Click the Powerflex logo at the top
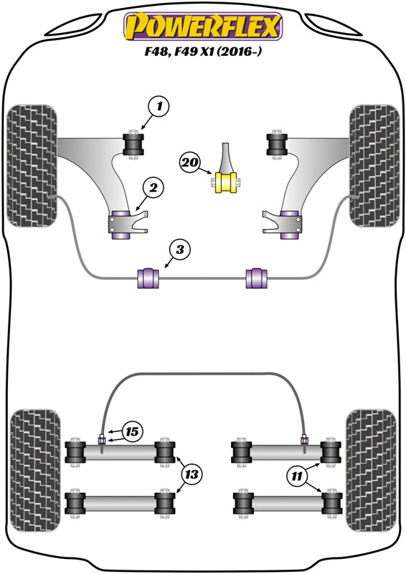click(x=203, y=27)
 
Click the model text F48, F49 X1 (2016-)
click(x=203, y=52)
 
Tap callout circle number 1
click(x=160, y=108)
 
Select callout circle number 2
click(x=153, y=188)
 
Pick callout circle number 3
click(x=180, y=250)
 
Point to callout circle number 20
click(x=189, y=164)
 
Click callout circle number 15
click(x=131, y=431)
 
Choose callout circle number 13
click(x=192, y=474)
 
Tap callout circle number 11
click(x=298, y=474)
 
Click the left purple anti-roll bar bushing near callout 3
click(x=147, y=276)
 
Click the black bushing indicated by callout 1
click(x=134, y=143)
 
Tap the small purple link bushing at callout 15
click(x=102, y=439)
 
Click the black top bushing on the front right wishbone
click(x=276, y=143)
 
